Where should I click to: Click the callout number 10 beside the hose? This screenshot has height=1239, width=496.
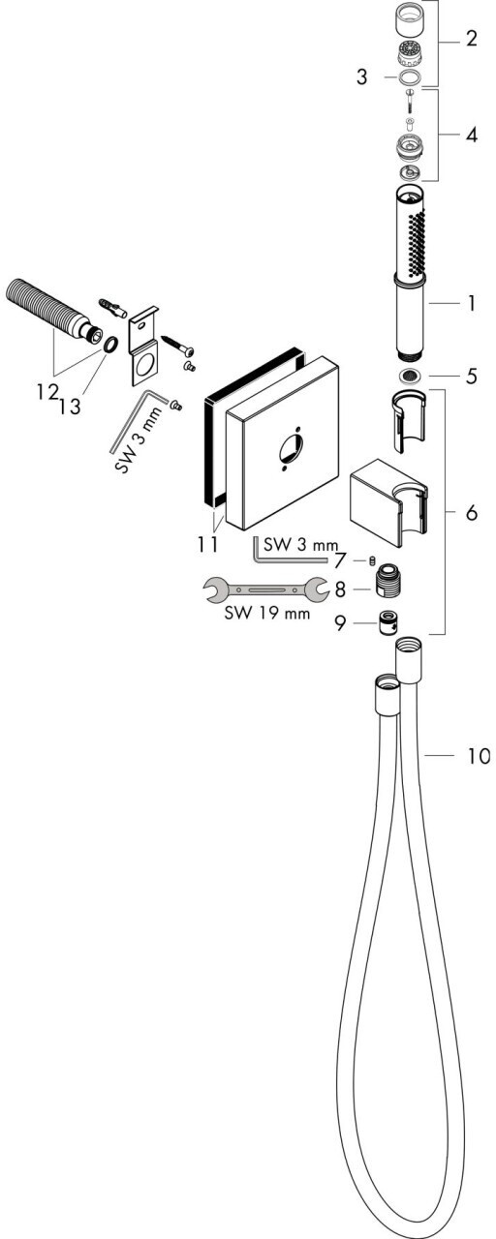[479, 756]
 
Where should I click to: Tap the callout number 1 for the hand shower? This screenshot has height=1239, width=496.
[471, 303]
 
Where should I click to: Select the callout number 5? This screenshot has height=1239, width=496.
[471, 377]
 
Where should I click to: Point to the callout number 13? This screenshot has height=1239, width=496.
[71, 407]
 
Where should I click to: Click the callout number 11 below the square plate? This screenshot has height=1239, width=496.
[207, 544]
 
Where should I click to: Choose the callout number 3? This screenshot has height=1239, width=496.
[361, 76]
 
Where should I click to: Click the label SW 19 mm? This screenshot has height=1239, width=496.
[267, 614]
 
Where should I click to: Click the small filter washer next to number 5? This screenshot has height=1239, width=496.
[410, 377]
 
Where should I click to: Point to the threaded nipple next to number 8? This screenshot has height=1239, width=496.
[388, 581]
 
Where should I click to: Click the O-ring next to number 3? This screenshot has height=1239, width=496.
[410, 76]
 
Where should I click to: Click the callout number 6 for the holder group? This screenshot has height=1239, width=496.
[471, 513]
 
